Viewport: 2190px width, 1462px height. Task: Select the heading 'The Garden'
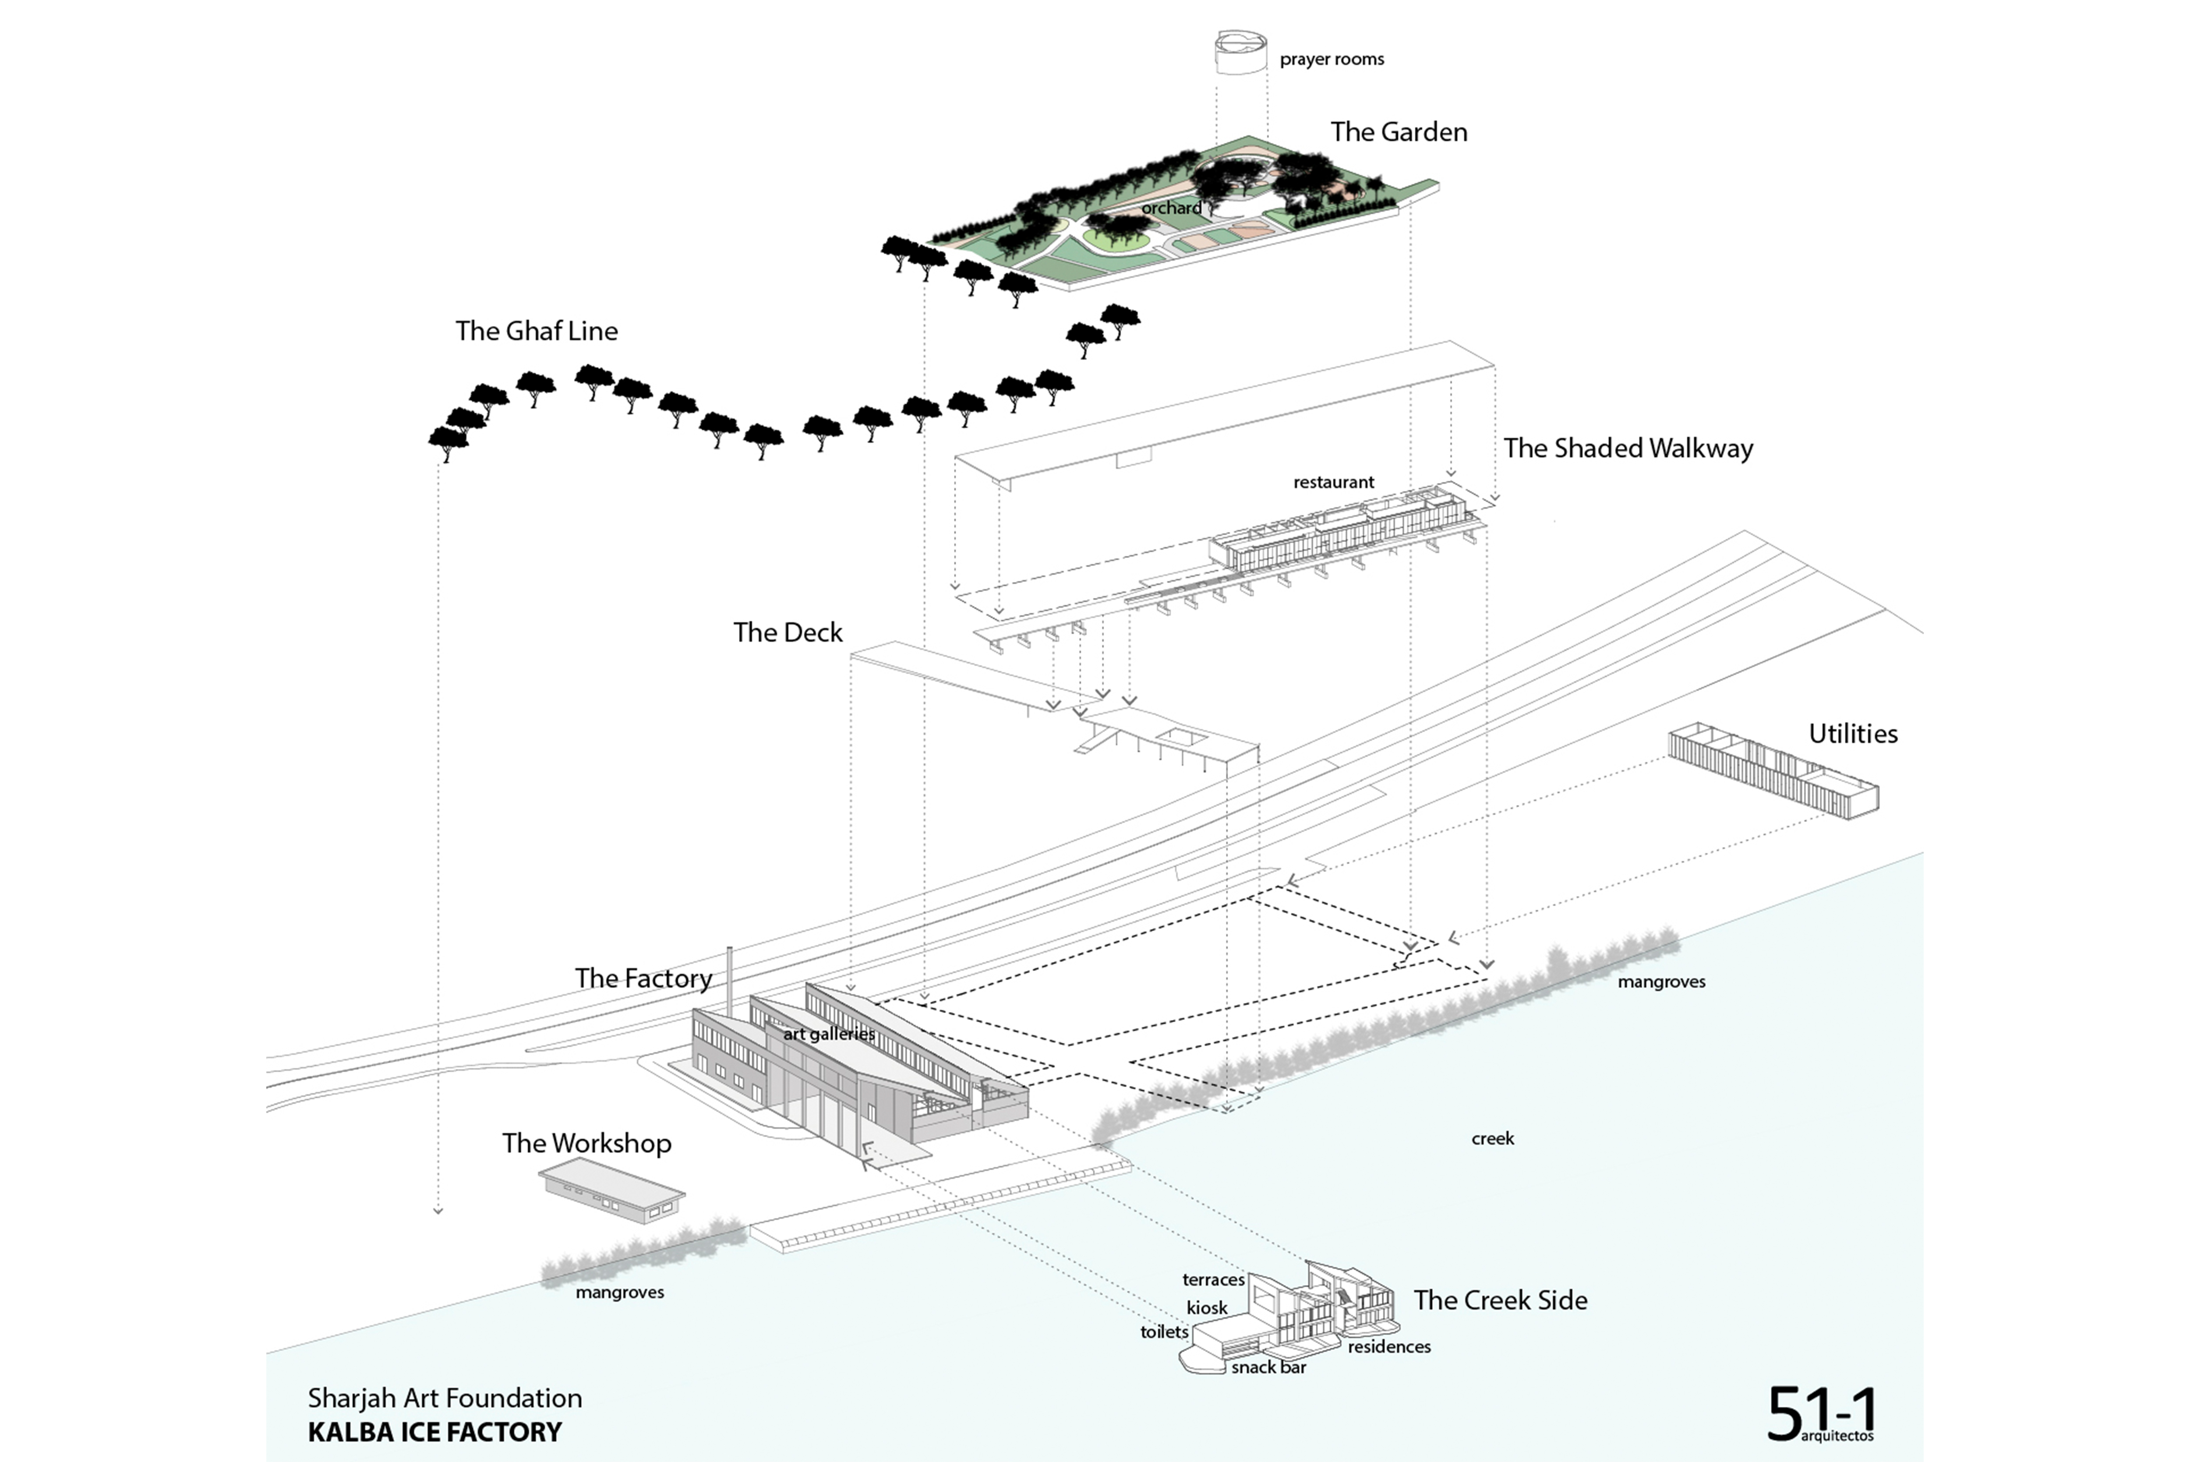[x=1398, y=131]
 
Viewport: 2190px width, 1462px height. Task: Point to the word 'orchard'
[x=1171, y=208]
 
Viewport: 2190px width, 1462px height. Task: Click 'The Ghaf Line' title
[x=536, y=331]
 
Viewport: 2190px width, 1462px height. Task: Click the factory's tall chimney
[x=730, y=979]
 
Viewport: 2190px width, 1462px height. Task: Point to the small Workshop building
[x=611, y=1191]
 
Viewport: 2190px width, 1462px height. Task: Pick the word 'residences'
[x=1388, y=1346]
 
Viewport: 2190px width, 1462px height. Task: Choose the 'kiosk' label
[x=1206, y=1308]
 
